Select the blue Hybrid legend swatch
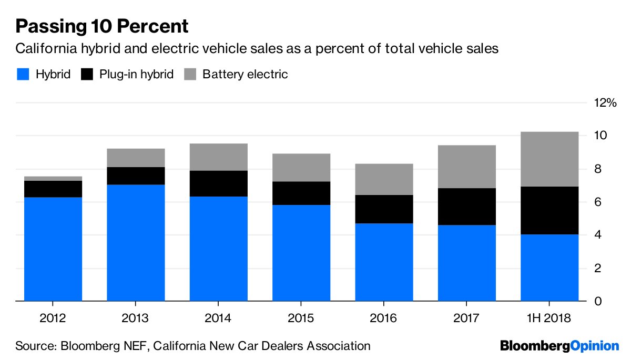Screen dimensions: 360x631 [23, 74]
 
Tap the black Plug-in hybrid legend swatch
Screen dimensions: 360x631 [87, 74]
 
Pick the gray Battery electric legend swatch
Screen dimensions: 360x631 [189, 74]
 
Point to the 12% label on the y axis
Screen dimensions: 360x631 [605, 103]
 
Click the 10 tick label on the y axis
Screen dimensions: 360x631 [601, 136]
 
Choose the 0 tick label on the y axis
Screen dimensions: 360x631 [598, 302]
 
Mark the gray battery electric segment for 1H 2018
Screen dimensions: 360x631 [549, 159]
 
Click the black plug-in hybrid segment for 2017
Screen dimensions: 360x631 [467, 207]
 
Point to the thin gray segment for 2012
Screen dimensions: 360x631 [53, 178]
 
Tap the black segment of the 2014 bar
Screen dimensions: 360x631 [219, 183]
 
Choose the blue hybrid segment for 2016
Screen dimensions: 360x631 [384, 262]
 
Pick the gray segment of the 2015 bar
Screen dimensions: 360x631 [301, 168]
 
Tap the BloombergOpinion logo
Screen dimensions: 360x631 [559, 346]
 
